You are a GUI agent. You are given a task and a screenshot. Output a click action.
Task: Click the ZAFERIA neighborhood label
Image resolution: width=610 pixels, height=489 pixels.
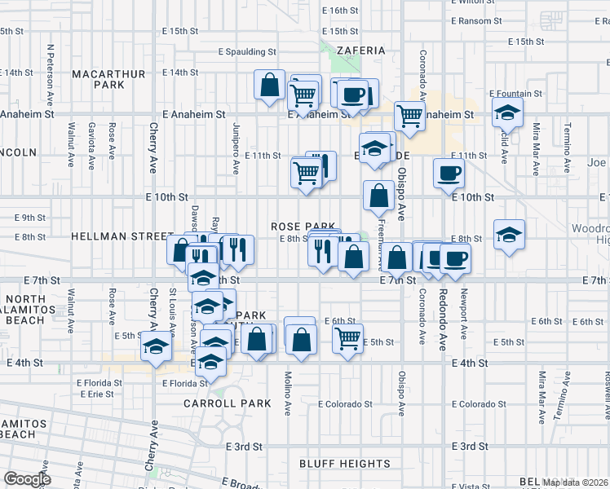(x=360, y=51)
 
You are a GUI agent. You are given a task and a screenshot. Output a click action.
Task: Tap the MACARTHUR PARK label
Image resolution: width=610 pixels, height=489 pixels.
(x=108, y=79)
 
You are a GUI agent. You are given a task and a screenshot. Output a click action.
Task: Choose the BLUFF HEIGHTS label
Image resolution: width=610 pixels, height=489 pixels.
(x=344, y=464)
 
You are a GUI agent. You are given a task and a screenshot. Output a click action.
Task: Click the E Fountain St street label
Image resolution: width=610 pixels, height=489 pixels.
(x=516, y=95)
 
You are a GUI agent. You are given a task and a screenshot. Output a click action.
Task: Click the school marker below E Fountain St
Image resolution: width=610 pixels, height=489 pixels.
(x=507, y=112)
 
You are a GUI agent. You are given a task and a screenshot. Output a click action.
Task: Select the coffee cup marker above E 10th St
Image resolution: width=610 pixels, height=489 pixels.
(x=450, y=172)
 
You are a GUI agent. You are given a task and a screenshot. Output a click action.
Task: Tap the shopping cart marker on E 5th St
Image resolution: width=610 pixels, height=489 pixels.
(x=348, y=337)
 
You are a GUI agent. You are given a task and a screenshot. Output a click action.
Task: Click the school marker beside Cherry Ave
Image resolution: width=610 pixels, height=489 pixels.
(x=156, y=346)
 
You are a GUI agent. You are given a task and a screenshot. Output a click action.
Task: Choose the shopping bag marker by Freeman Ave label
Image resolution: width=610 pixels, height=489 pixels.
(x=378, y=195)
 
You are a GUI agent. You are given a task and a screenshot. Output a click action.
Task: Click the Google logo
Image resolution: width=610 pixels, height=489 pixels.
(x=26, y=479)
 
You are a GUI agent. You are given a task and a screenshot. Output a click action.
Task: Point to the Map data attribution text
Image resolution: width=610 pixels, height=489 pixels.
(x=576, y=482)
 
